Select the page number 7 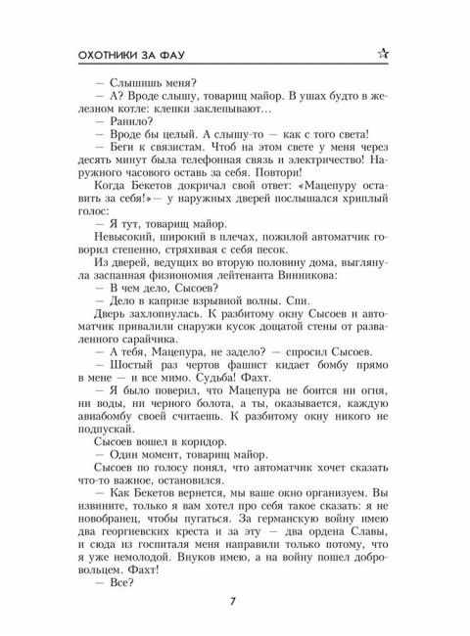(x=235, y=600)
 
